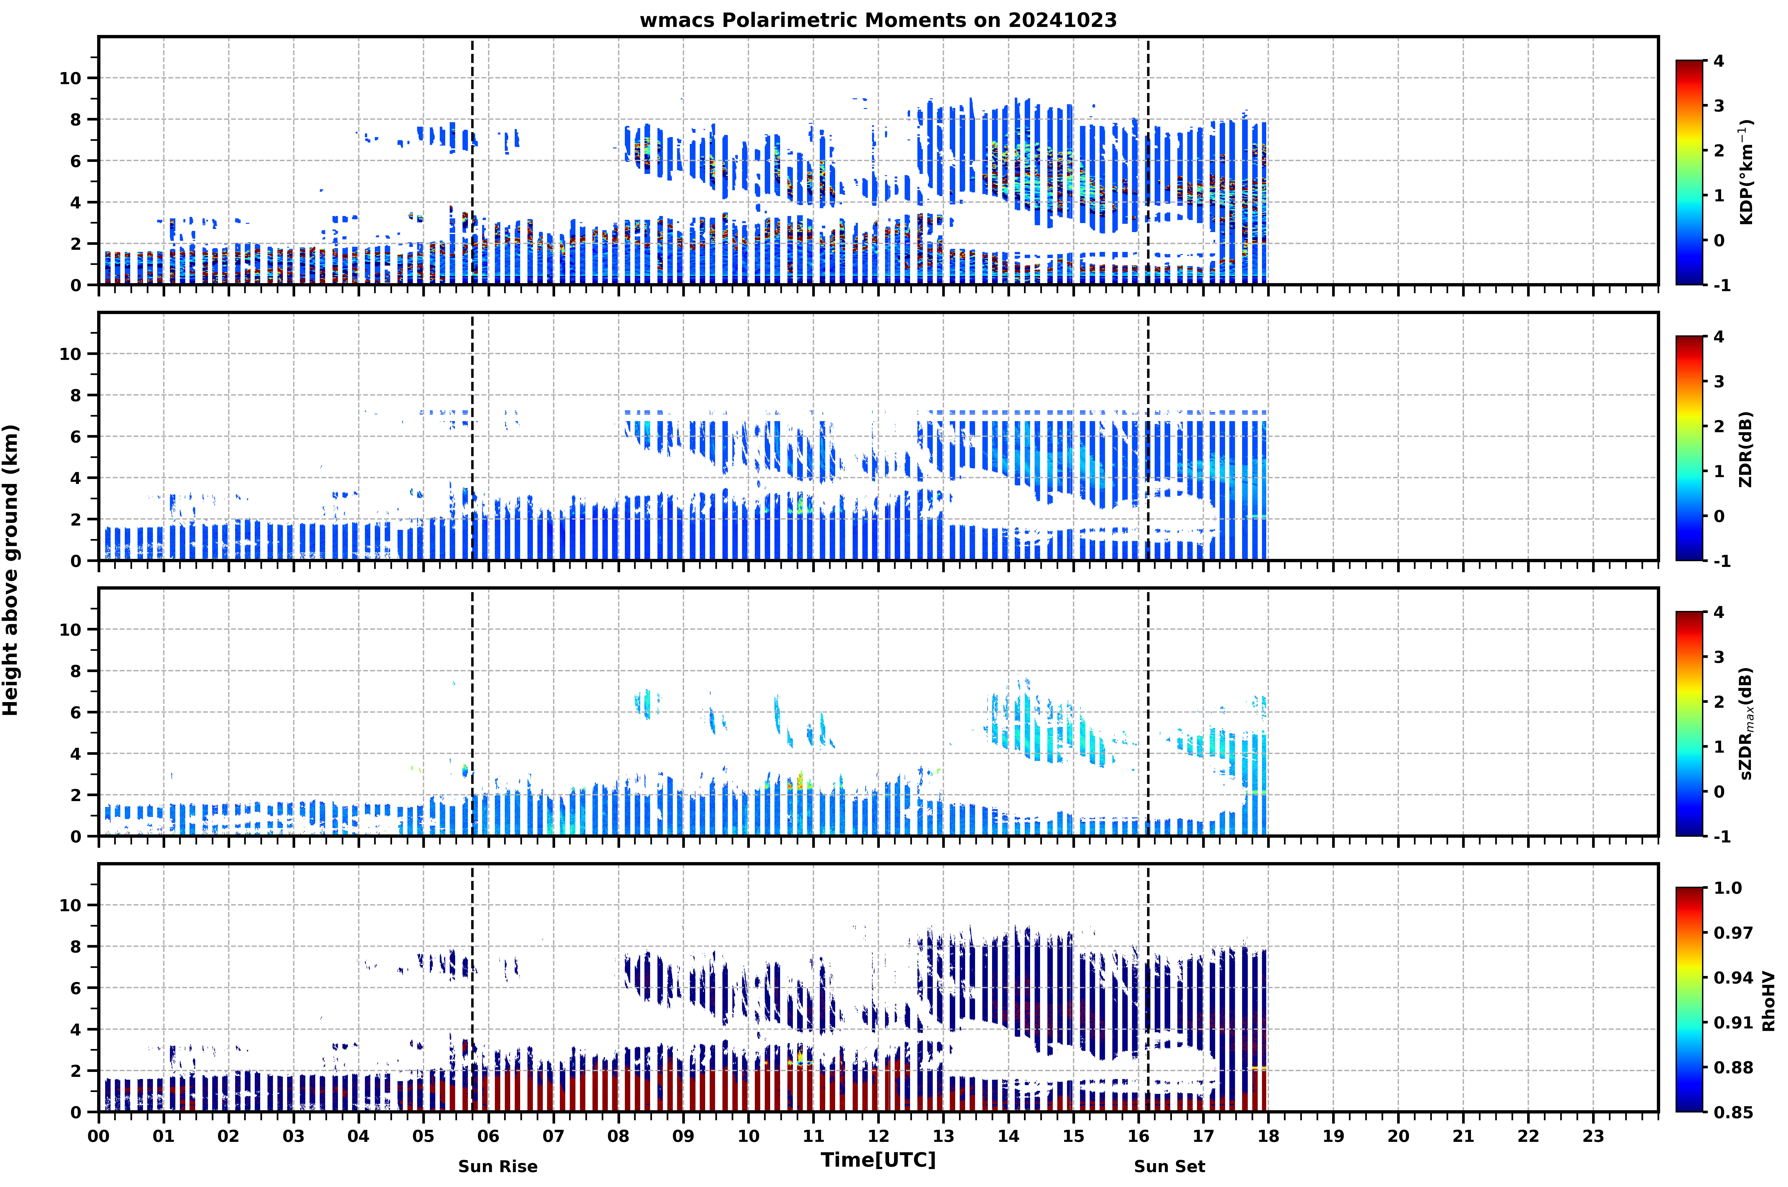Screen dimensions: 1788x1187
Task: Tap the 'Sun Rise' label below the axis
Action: coord(497,1167)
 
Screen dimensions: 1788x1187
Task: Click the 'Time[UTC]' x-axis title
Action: coord(878,1160)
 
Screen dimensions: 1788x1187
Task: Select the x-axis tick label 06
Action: coord(488,1136)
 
